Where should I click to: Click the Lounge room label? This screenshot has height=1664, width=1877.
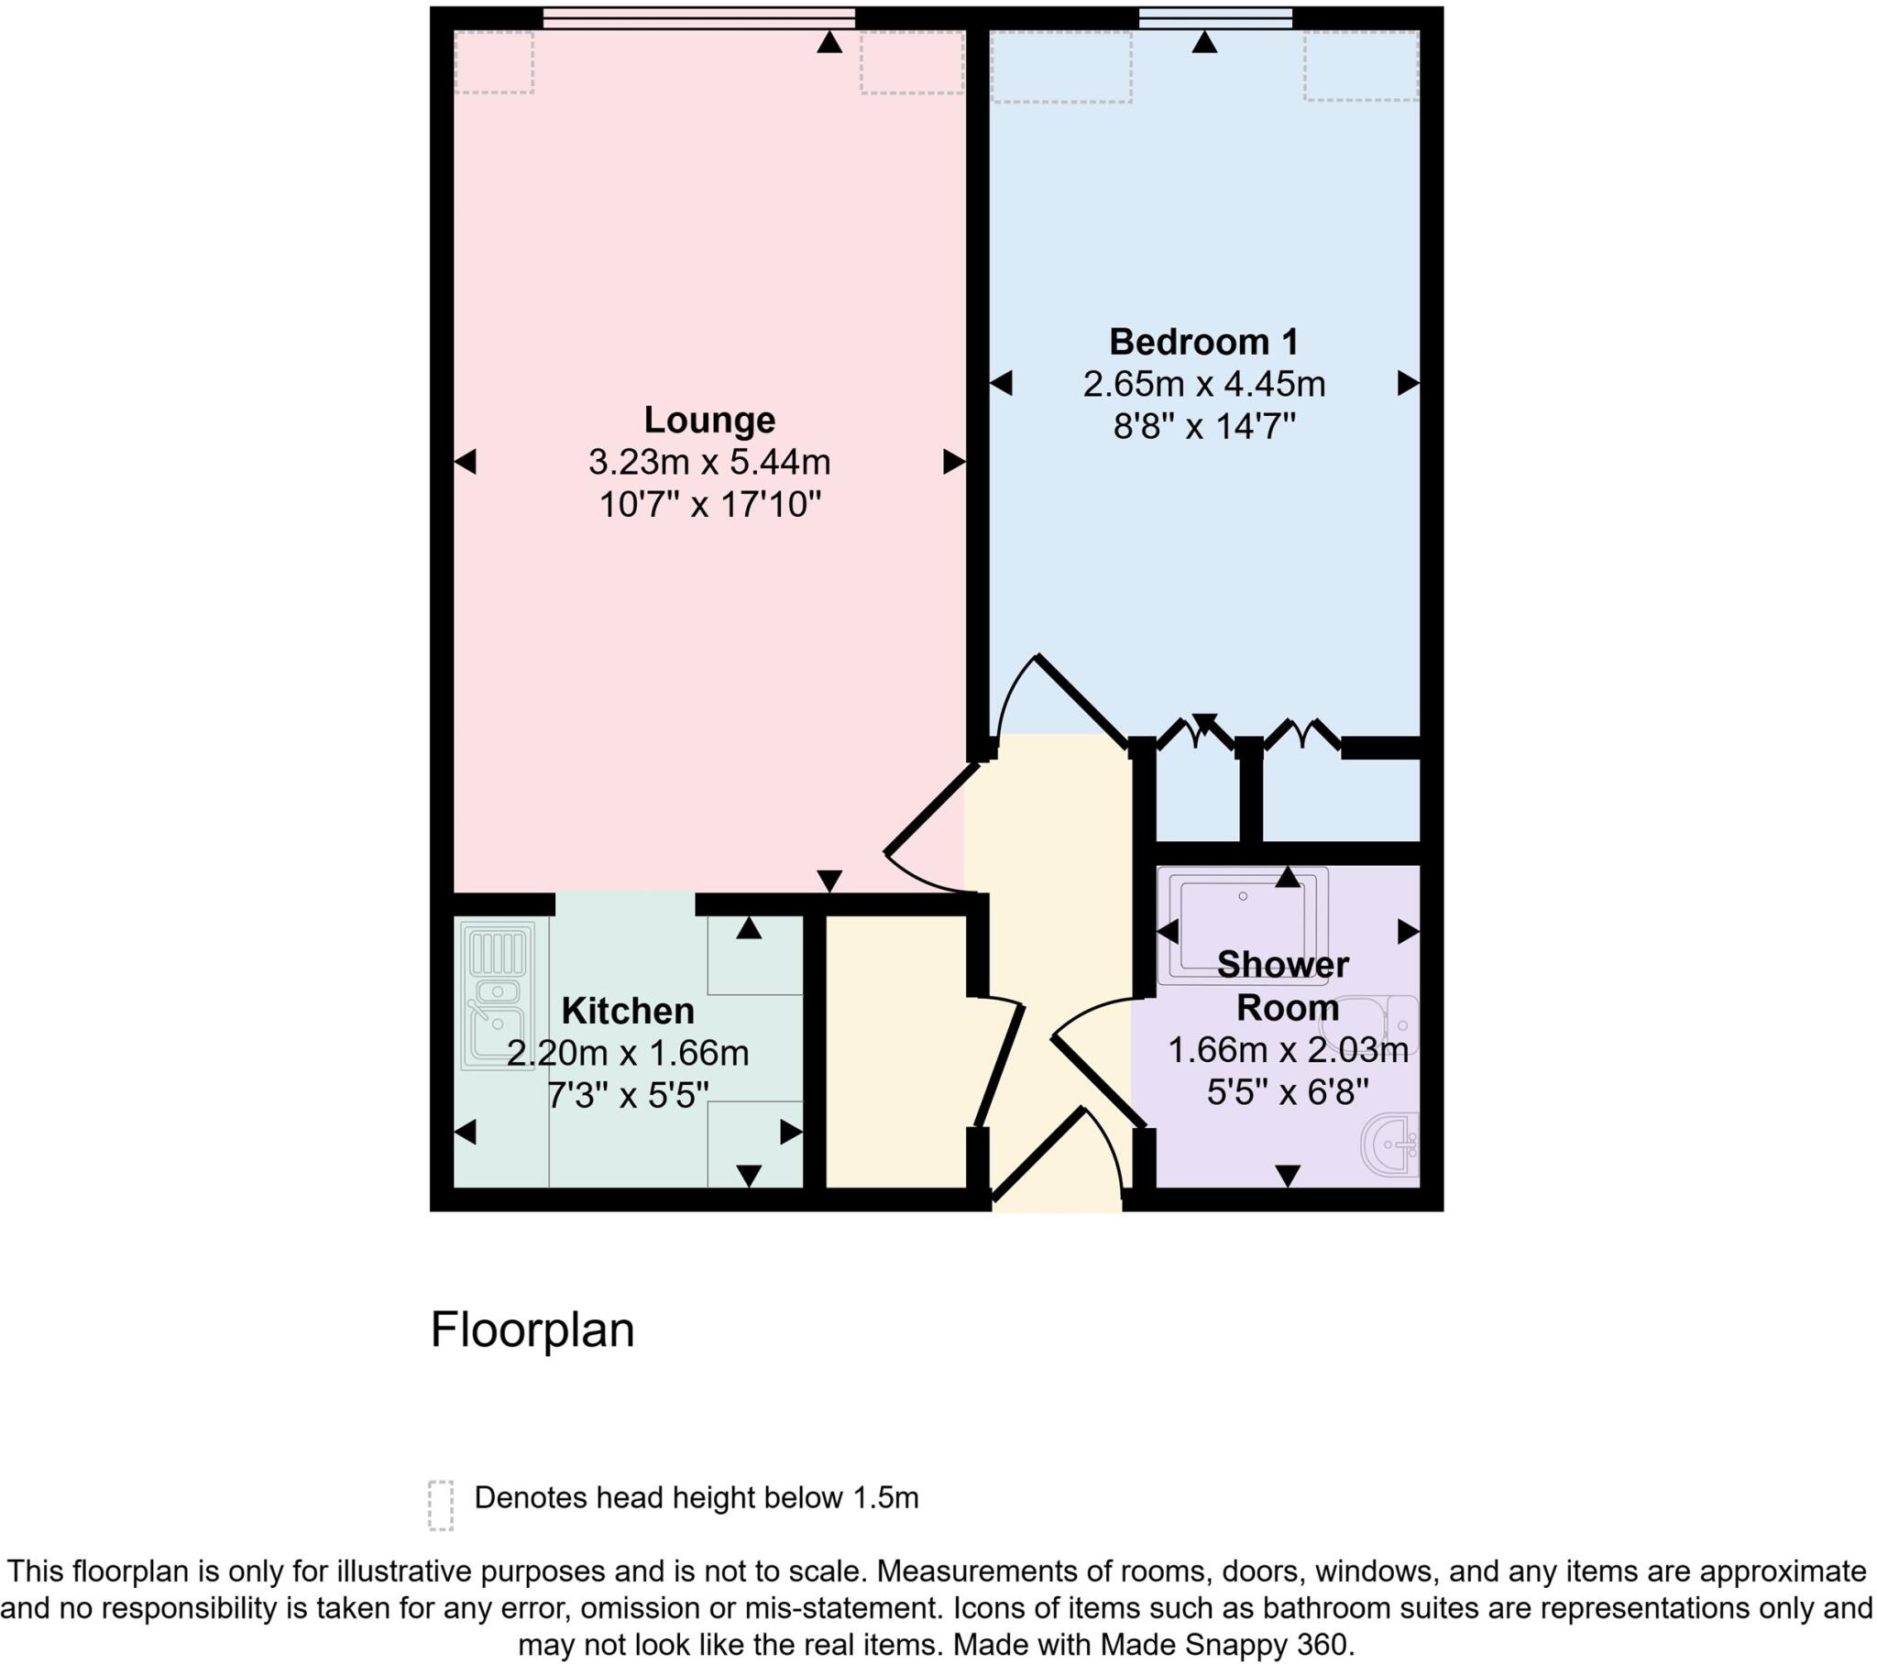pyautogui.click(x=709, y=420)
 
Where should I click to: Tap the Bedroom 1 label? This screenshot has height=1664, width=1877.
pyautogui.click(x=1204, y=342)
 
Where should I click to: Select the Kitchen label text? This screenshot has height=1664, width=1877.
pyautogui.click(x=627, y=1011)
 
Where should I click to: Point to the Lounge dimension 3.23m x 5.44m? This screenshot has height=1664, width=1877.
pyautogui.click(x=709, y=462)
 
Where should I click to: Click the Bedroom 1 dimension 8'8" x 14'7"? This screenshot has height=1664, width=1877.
pyautogui.click(x=1204, y=426)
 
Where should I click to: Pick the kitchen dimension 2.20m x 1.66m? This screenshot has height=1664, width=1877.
pyautogui.click(x=627, y=1054)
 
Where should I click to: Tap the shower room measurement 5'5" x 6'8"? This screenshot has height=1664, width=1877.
pyautogui.click(x=1288, y=1092)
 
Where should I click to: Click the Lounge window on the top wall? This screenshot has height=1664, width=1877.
pyautogui.click(x=697, y=17)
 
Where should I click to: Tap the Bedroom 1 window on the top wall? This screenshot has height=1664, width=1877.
pyautogui.click(x=1216, y=17)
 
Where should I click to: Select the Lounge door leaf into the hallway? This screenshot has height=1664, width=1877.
pyautogui.click(x=930, y=809)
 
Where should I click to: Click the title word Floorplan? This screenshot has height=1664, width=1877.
pyautogui.click(x=532, y=1329)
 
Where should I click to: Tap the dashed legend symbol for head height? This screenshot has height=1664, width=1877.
pyautogui.click(x=441, y=1505)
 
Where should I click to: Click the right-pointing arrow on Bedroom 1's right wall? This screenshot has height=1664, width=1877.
pyautogui.click(x=1408, y=383)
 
